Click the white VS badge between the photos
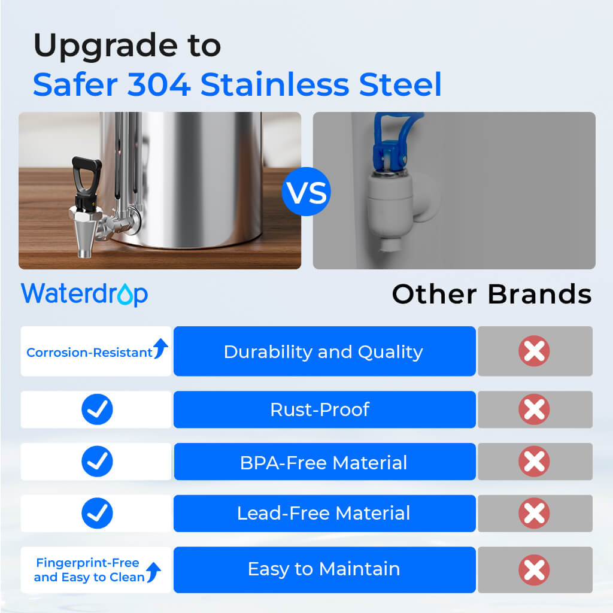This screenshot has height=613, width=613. tap(306, 191)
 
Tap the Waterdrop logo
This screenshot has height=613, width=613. tap(84, 294)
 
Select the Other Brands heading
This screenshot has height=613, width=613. tap(491, 294)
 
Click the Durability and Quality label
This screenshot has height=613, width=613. tap(323, 351)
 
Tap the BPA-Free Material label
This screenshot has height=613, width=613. tap(323, 462)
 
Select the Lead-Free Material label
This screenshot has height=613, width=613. tap(323, 513)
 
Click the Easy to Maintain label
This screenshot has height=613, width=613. tap(323, 569)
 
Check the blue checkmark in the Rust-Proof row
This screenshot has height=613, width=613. tap(97, 409)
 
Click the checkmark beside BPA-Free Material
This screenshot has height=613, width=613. tap(97, 462)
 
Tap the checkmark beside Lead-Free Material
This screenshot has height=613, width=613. tap(97, 513)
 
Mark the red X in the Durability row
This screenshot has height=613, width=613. tap(534, 351)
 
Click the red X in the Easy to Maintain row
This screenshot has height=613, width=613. tap(534, 569)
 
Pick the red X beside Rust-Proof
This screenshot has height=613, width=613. tap(534, 409)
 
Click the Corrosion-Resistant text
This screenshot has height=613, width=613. tap(89, 353)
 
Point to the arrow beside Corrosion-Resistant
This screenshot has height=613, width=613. tap(160, 348)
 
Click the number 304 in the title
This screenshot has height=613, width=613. tap(159, 84)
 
